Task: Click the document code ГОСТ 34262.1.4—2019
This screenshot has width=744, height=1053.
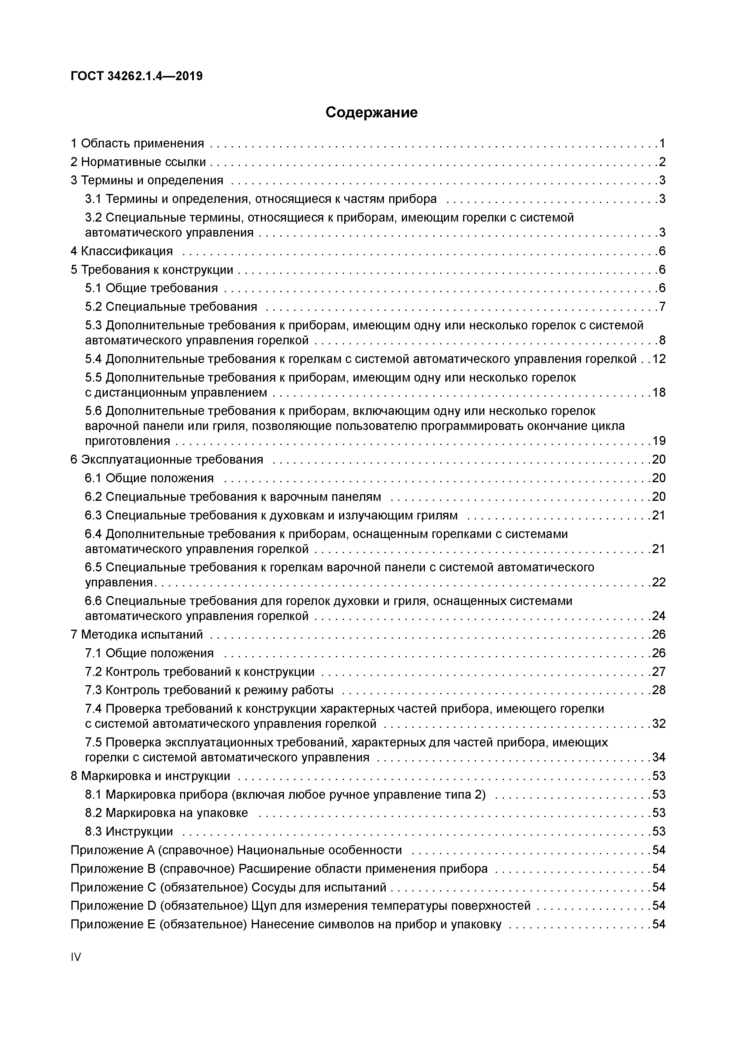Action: [x=137, y=76]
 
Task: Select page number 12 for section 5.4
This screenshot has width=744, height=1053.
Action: [x=659, y=359]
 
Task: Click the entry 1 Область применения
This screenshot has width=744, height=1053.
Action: [x=137, y=144]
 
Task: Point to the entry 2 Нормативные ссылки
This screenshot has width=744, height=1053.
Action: [x=138, y=162]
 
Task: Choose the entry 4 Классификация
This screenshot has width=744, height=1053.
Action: [x=122, y=251]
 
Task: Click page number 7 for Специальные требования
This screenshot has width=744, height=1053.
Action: [x=662, y=306]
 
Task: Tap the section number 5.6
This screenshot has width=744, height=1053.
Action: [x=94, y=411]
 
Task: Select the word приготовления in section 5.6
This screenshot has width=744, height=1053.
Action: [x=128, y=441]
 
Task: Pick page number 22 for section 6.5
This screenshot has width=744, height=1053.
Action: [x=659, y=582]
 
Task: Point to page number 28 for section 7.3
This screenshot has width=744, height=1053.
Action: [x=659, y=690]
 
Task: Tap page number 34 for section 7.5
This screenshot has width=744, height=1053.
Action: [x=659, y=757]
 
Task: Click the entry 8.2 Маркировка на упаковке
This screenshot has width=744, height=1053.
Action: [x=166, y=813]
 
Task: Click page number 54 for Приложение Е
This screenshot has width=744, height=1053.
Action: [x=659, y=924]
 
